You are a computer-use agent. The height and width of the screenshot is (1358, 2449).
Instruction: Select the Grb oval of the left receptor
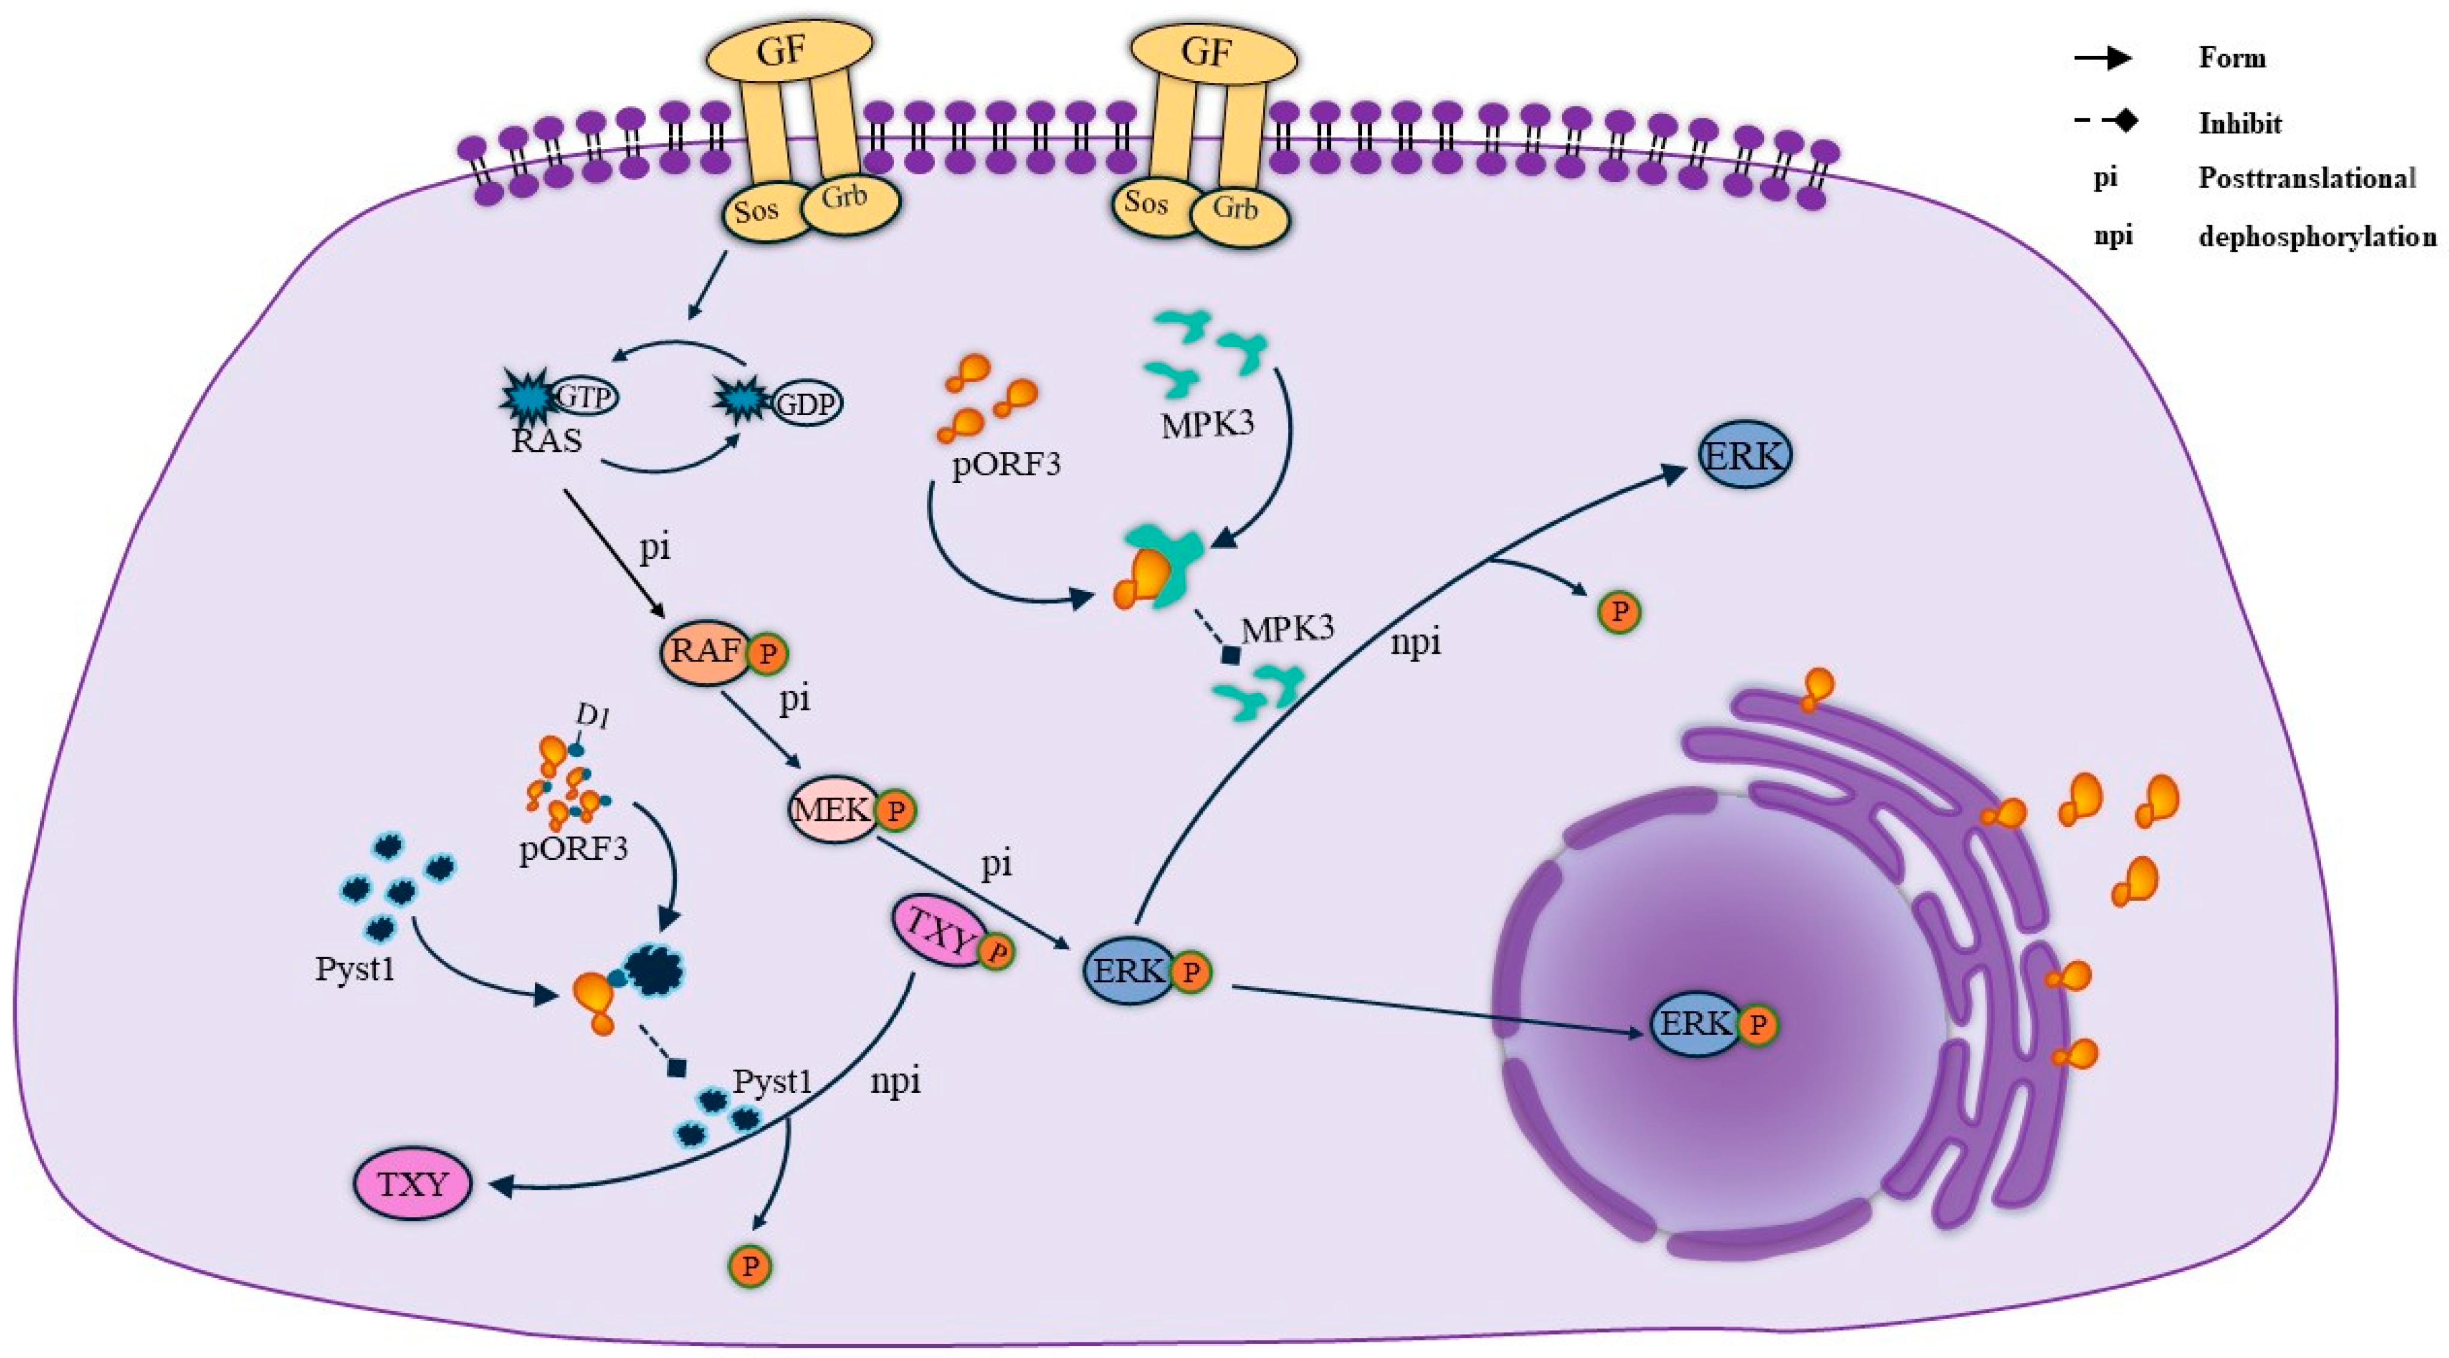tap(846, 199)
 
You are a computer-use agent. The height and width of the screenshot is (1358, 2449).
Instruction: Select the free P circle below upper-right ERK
tap(1619, 612)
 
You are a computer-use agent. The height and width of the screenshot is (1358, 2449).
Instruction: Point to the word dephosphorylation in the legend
tap(2317, 237)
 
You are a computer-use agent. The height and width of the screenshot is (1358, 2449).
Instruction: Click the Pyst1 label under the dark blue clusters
tap(354, 970)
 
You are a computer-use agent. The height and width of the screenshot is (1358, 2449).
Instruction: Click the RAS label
tap(546, 441)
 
